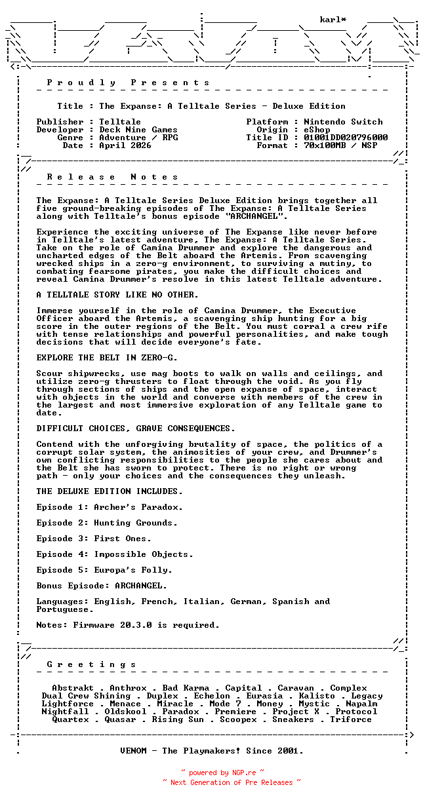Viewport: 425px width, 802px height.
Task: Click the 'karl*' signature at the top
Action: pyautogui.click(x=333, y=20)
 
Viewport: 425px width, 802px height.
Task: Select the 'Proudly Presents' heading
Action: pyautogui.click(x=128, y=83)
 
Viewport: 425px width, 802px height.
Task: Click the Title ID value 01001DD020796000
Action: pyautogui.click(x=346, y=138)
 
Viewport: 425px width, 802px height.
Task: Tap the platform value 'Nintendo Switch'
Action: pyautogui.click(x=343, y=122)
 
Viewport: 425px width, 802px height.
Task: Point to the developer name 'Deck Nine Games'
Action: pyautogui.click(x=138, y=130)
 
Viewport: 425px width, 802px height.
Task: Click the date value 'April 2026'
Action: pyautogui.click(x=125, y=145)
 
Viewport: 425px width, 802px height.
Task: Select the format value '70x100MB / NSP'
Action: pyautogui.click(x=340, y=145)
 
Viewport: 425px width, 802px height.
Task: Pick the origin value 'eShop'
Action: pyautogui.click(x=317, y=130)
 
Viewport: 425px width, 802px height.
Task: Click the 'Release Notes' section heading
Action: pyautogui.click(x=112, y=177)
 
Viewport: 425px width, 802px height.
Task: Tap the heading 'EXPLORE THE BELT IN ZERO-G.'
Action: pyautogui.click(x=107, y=358)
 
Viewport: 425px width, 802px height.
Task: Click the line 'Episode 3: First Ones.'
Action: pyautogui.click(x=94, y=539)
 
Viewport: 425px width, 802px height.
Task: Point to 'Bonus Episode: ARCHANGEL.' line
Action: pyautogui.click(x=102, y=586)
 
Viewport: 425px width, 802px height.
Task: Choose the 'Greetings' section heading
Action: pyautogui.click(x=91, y=664)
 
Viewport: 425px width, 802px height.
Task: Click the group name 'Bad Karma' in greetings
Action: pyautogui.click(x=186, y=688)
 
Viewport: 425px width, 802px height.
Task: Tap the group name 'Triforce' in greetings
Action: pyautogui.click(x=351, y=719)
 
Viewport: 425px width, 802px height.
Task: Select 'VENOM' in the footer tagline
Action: pyautogui.click(x=133, y=751)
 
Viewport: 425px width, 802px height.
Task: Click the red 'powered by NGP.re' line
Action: pyautogui.click(x=222, y=773)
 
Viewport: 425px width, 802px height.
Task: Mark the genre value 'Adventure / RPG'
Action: pyautogui.click(x=138, y=138)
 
